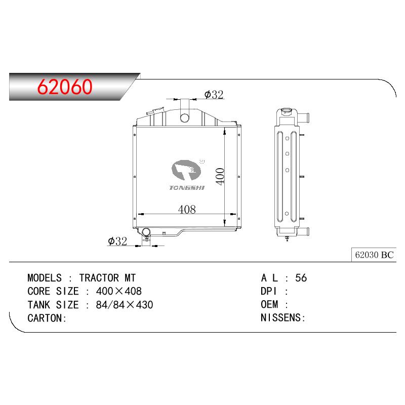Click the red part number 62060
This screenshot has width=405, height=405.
click(65, 87)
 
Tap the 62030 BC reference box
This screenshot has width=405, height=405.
click(374, 255)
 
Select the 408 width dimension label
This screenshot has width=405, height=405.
click(187, 209)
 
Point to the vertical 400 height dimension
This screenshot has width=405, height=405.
click(220, 176)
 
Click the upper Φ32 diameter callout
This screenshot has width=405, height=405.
click(214, 95)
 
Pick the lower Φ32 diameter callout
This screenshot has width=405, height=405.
click(117, 241)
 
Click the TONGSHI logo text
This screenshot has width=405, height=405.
click(187, 188)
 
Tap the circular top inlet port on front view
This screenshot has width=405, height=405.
click(185, 118)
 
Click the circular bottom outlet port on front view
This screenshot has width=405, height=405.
click(146, 232)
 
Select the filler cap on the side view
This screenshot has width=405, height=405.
click(286, 111)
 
